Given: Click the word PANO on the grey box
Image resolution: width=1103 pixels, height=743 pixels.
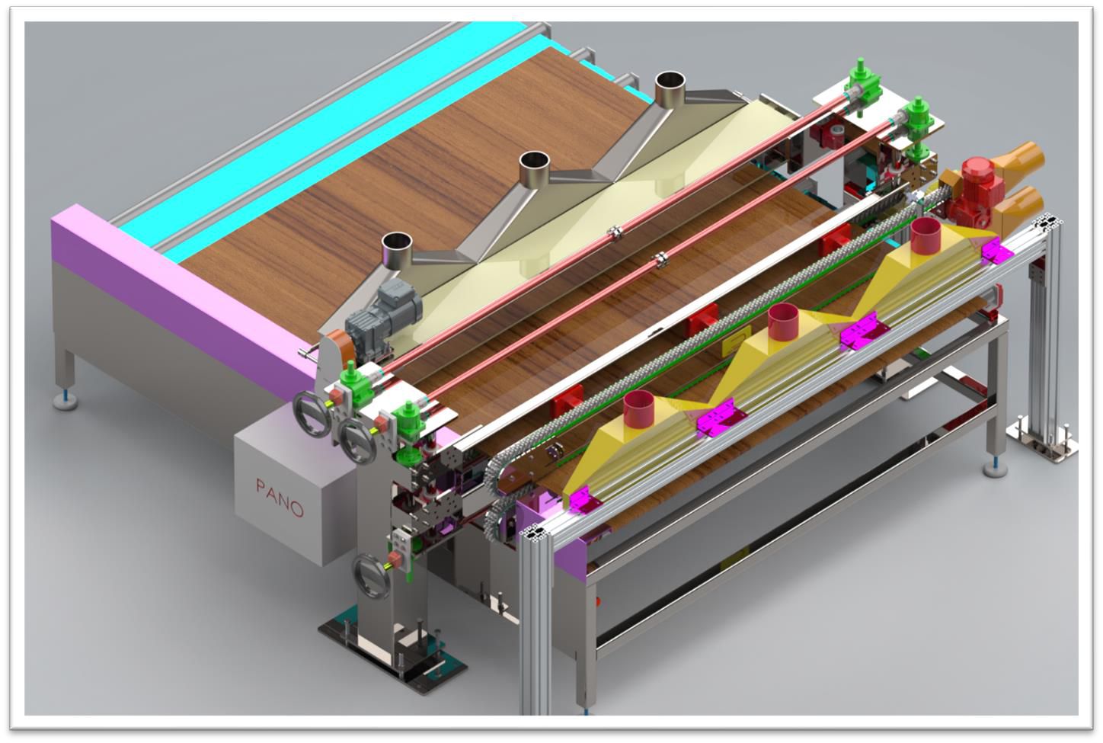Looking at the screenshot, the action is pyautogui.click(x=280, y=498).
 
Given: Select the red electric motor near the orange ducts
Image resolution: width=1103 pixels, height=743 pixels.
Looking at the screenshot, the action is pyautogui.click(x=974, y=192).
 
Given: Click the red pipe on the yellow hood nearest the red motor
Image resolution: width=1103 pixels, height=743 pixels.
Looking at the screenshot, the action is pyautogui.click(x=926, y=232).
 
